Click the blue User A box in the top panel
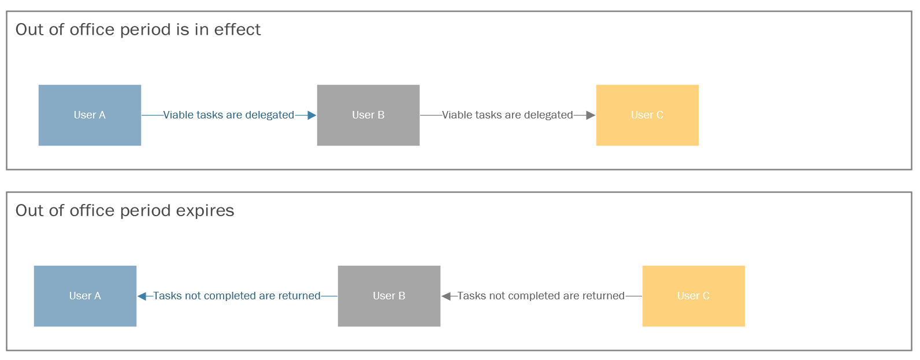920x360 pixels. coord(90,116)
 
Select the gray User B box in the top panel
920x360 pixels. coord(368,116)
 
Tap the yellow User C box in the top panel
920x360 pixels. coord(647,116)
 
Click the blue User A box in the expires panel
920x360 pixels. coord(85,296)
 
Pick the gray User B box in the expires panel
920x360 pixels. coord(389,296)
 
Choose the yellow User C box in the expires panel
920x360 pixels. coord(693,296)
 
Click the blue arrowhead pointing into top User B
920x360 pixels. coord(311,116)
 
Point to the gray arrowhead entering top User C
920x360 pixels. coord(591,116)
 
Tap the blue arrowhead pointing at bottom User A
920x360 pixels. coord(142,296)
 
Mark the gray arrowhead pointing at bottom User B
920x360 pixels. coord(446,296)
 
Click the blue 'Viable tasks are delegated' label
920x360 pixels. coord(229,115)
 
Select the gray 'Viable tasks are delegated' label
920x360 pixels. coord(507,115)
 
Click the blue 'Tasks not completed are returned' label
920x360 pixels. coord(236,296)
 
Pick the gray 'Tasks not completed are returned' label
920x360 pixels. coord(541,296)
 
